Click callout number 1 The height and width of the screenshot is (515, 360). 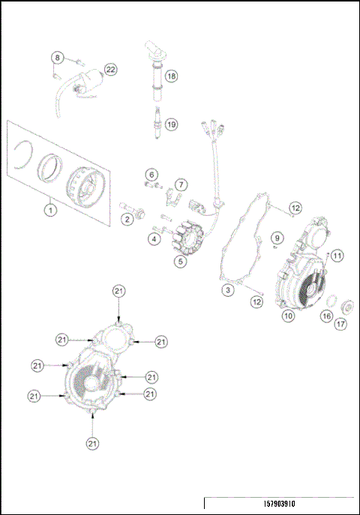pyautogui.click(x=49, y=210)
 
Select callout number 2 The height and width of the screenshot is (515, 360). pyautogui.click(x=128, y=219)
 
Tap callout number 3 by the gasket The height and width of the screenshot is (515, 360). pyautogui.click(x=226, y=288)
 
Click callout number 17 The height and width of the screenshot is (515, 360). pyautogui.click(x=341, y=325)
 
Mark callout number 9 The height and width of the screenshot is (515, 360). pyautogui.click(x=276, y=237)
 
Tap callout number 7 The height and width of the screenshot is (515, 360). pyautogui.click(x=181, y=184)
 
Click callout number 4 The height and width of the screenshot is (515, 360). pyautogui.click(x=153, y=239)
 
